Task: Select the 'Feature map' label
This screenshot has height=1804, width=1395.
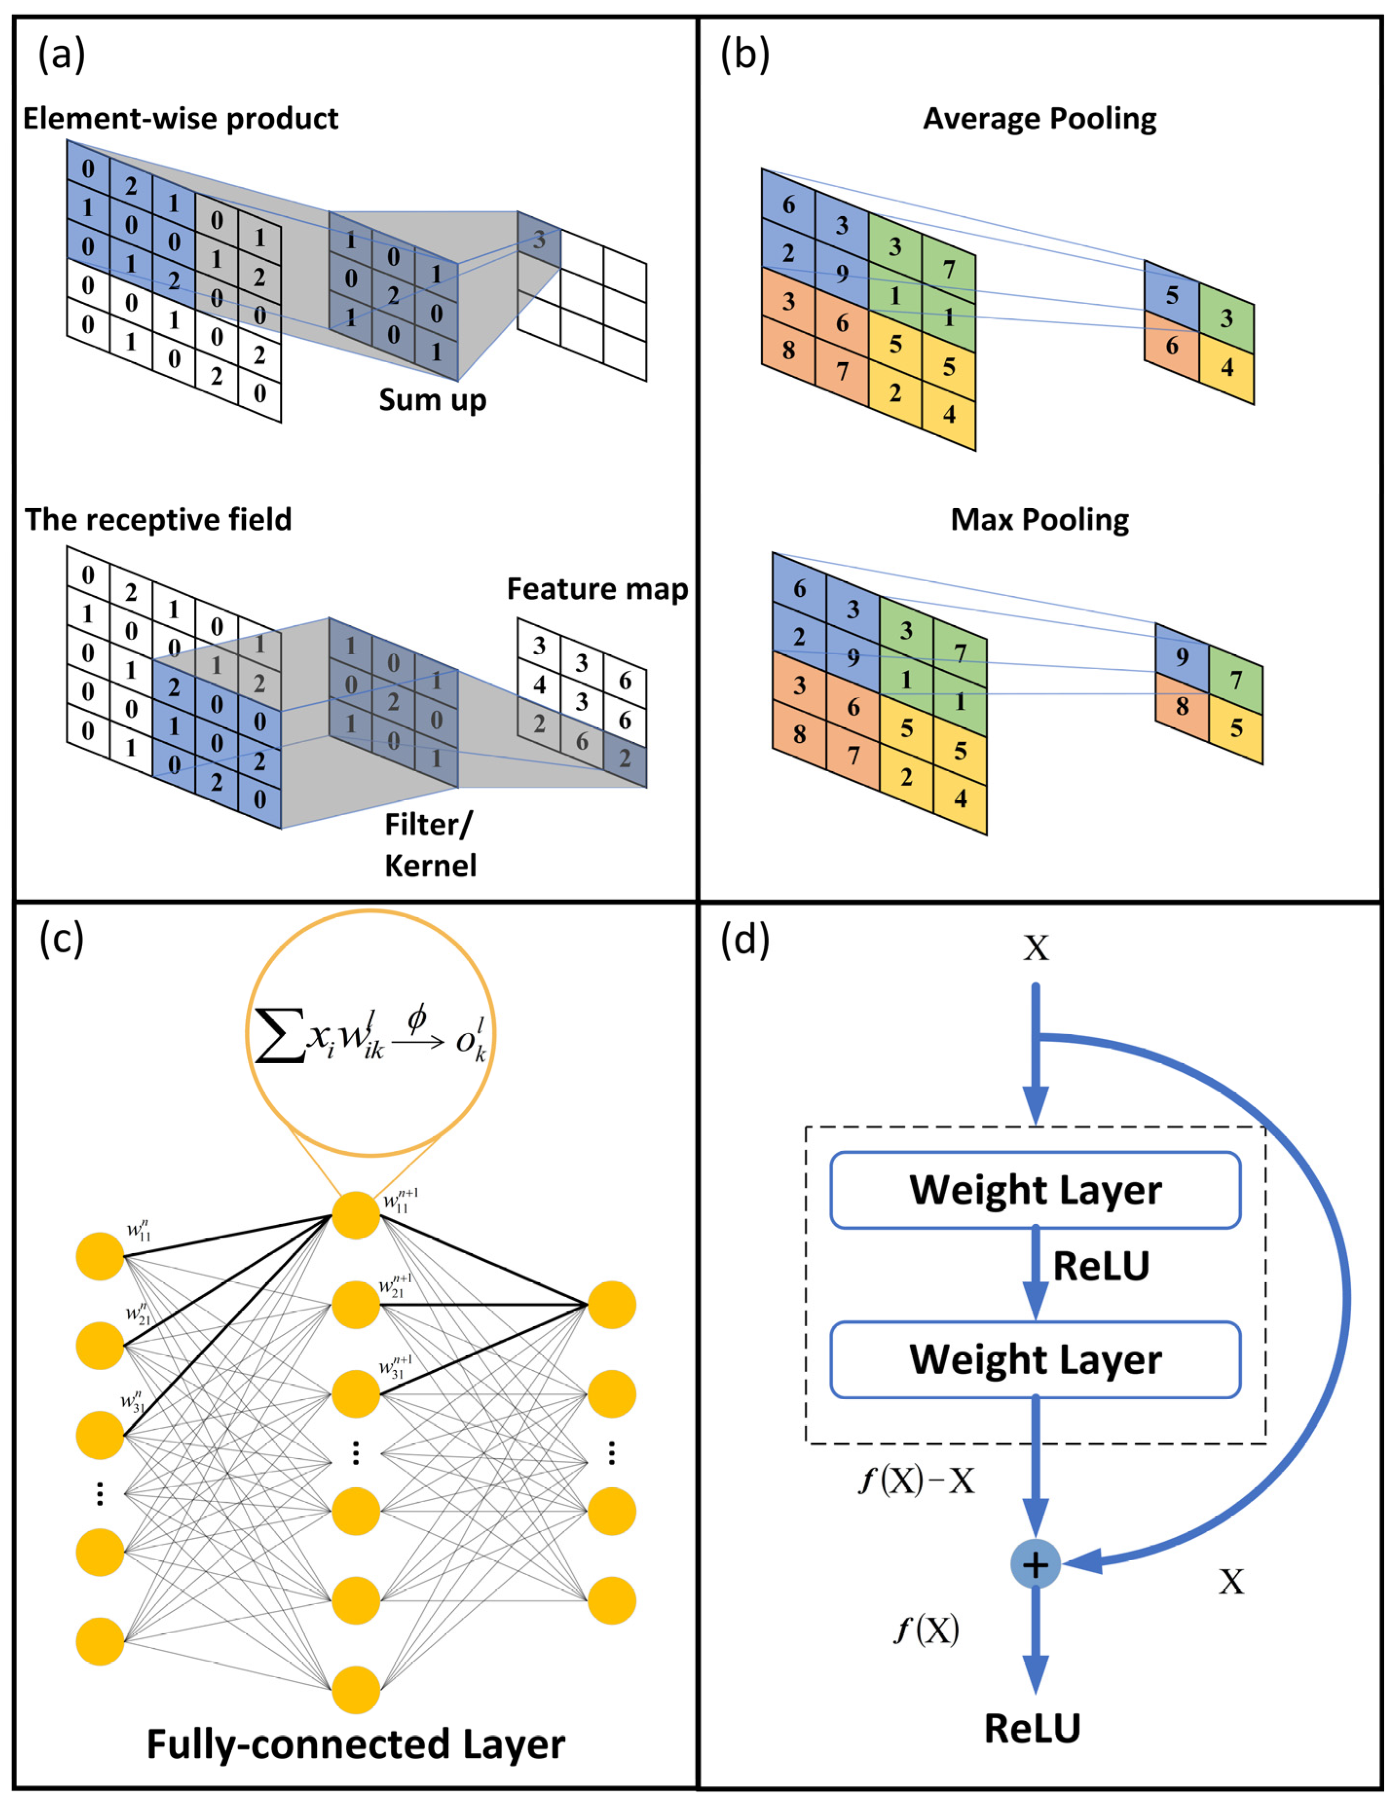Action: pos(597,589)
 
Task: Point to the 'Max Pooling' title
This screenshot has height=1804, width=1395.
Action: pos(1039,520)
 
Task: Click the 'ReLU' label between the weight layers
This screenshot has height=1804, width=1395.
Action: pos(1101,1266)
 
